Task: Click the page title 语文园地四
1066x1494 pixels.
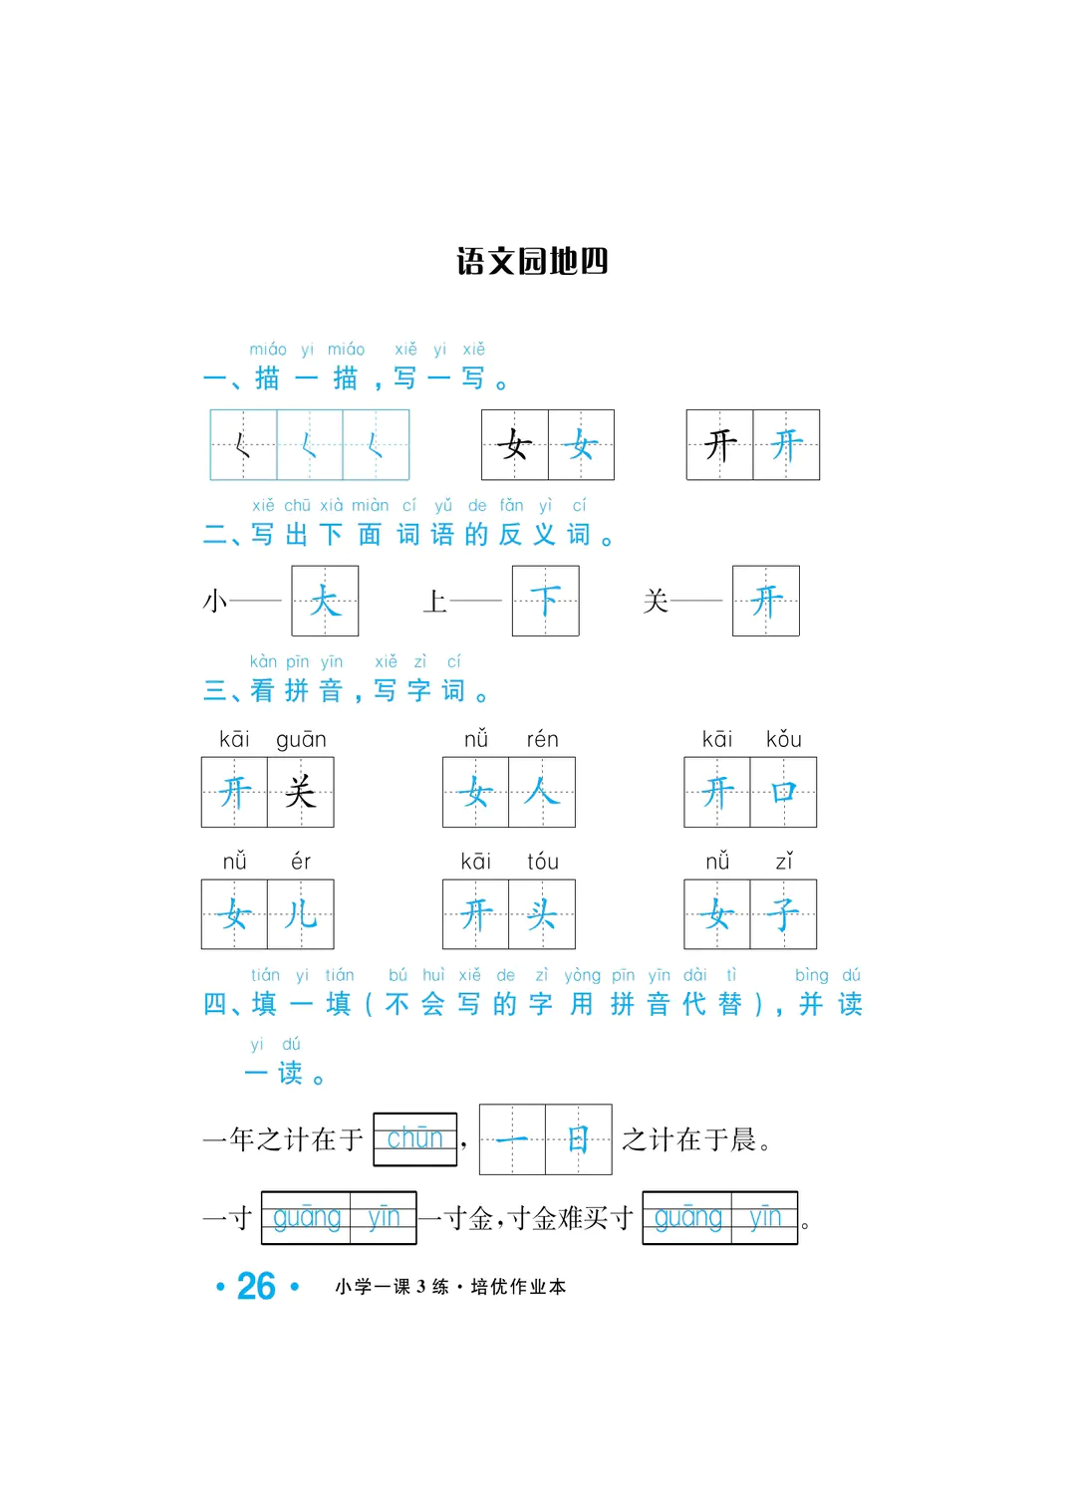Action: (532, 261)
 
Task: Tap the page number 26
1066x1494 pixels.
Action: (256, 1286)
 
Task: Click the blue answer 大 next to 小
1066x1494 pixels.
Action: (325, 601)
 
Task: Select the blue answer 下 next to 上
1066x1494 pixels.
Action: (545, 601)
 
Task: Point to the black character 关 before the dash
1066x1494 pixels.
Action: (656, 601)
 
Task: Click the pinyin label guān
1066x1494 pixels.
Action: (301, 739)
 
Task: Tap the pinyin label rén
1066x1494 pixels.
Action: (542, 739)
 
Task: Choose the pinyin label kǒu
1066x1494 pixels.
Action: (783, 739)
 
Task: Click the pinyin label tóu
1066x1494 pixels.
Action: (542, 862)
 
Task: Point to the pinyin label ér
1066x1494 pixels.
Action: (301, 862)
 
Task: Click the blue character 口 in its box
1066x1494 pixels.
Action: (783, 793)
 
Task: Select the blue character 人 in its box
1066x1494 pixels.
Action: (542, 793)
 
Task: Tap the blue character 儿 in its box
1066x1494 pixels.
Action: (301, 914)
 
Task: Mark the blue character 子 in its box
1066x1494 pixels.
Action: (783, 914)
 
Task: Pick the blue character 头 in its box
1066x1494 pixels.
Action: (542, 914)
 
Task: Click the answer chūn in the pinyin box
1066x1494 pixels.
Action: (414, 1137)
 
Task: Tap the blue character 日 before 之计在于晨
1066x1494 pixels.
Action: (578, 1139)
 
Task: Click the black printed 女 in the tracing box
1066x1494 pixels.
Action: (515, 445)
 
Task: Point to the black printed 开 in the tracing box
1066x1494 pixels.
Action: (720, 445)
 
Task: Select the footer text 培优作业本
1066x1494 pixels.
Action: (518, 1287)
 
